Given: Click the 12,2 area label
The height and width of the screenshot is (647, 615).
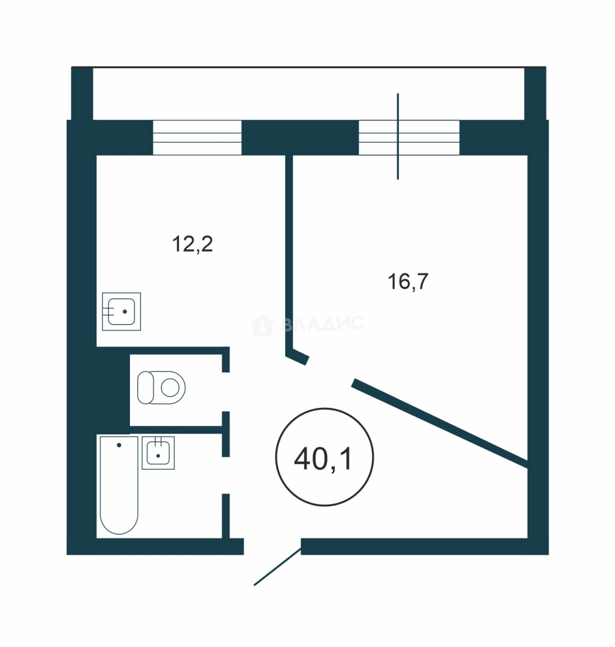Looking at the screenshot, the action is pyautogui.click(x=192, y=244).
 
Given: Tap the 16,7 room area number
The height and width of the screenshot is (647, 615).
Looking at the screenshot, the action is pyautogui.click(x=408, y=282).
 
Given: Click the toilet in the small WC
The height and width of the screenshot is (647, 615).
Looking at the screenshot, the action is pyautogui.click(x=161, y=388).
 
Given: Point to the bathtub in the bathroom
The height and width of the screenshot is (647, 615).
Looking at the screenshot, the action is pyautogui.click(x=119, y=485).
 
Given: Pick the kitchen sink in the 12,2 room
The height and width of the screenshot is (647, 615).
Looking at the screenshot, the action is pyautogui.click(x=122, y=312).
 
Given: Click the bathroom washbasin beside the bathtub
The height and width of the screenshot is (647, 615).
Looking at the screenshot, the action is pyautogui.click(x=158, y=453).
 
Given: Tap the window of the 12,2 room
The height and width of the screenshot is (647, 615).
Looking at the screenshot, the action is pyautogui.click(x=197, y=137).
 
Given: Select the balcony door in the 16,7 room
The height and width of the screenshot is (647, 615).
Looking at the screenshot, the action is pyautogui.click(x=409, y=137).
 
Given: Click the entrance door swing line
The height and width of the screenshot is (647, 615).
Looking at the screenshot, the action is pyautogui.click(x=278, y=566).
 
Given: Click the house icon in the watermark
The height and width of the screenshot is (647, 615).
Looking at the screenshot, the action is pyautogui.click(x=262, y=325).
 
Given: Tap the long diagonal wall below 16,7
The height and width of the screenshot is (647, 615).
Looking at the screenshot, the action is pyautogui.click(x=440, y=423).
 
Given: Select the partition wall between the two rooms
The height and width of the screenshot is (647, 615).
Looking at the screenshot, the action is pyautogui.click(x=289, y=256).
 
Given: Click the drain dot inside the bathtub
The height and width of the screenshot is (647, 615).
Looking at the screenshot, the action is pyautogui.click(x=119, y=445).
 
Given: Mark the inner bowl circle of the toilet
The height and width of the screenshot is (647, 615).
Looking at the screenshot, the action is pyautogui.click(x=170, y=388).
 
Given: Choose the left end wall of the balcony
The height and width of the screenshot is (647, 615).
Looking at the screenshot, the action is pyautogui.click(x=82, y=93).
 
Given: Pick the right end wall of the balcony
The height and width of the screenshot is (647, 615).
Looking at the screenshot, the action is pyautogui.click(x=535, y=93).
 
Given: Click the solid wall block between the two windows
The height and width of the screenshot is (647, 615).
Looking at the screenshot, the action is pyautogui.click(x=300, y=137).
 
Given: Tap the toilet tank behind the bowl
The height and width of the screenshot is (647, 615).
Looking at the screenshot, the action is pyautogui.click(x=145, y=388).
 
